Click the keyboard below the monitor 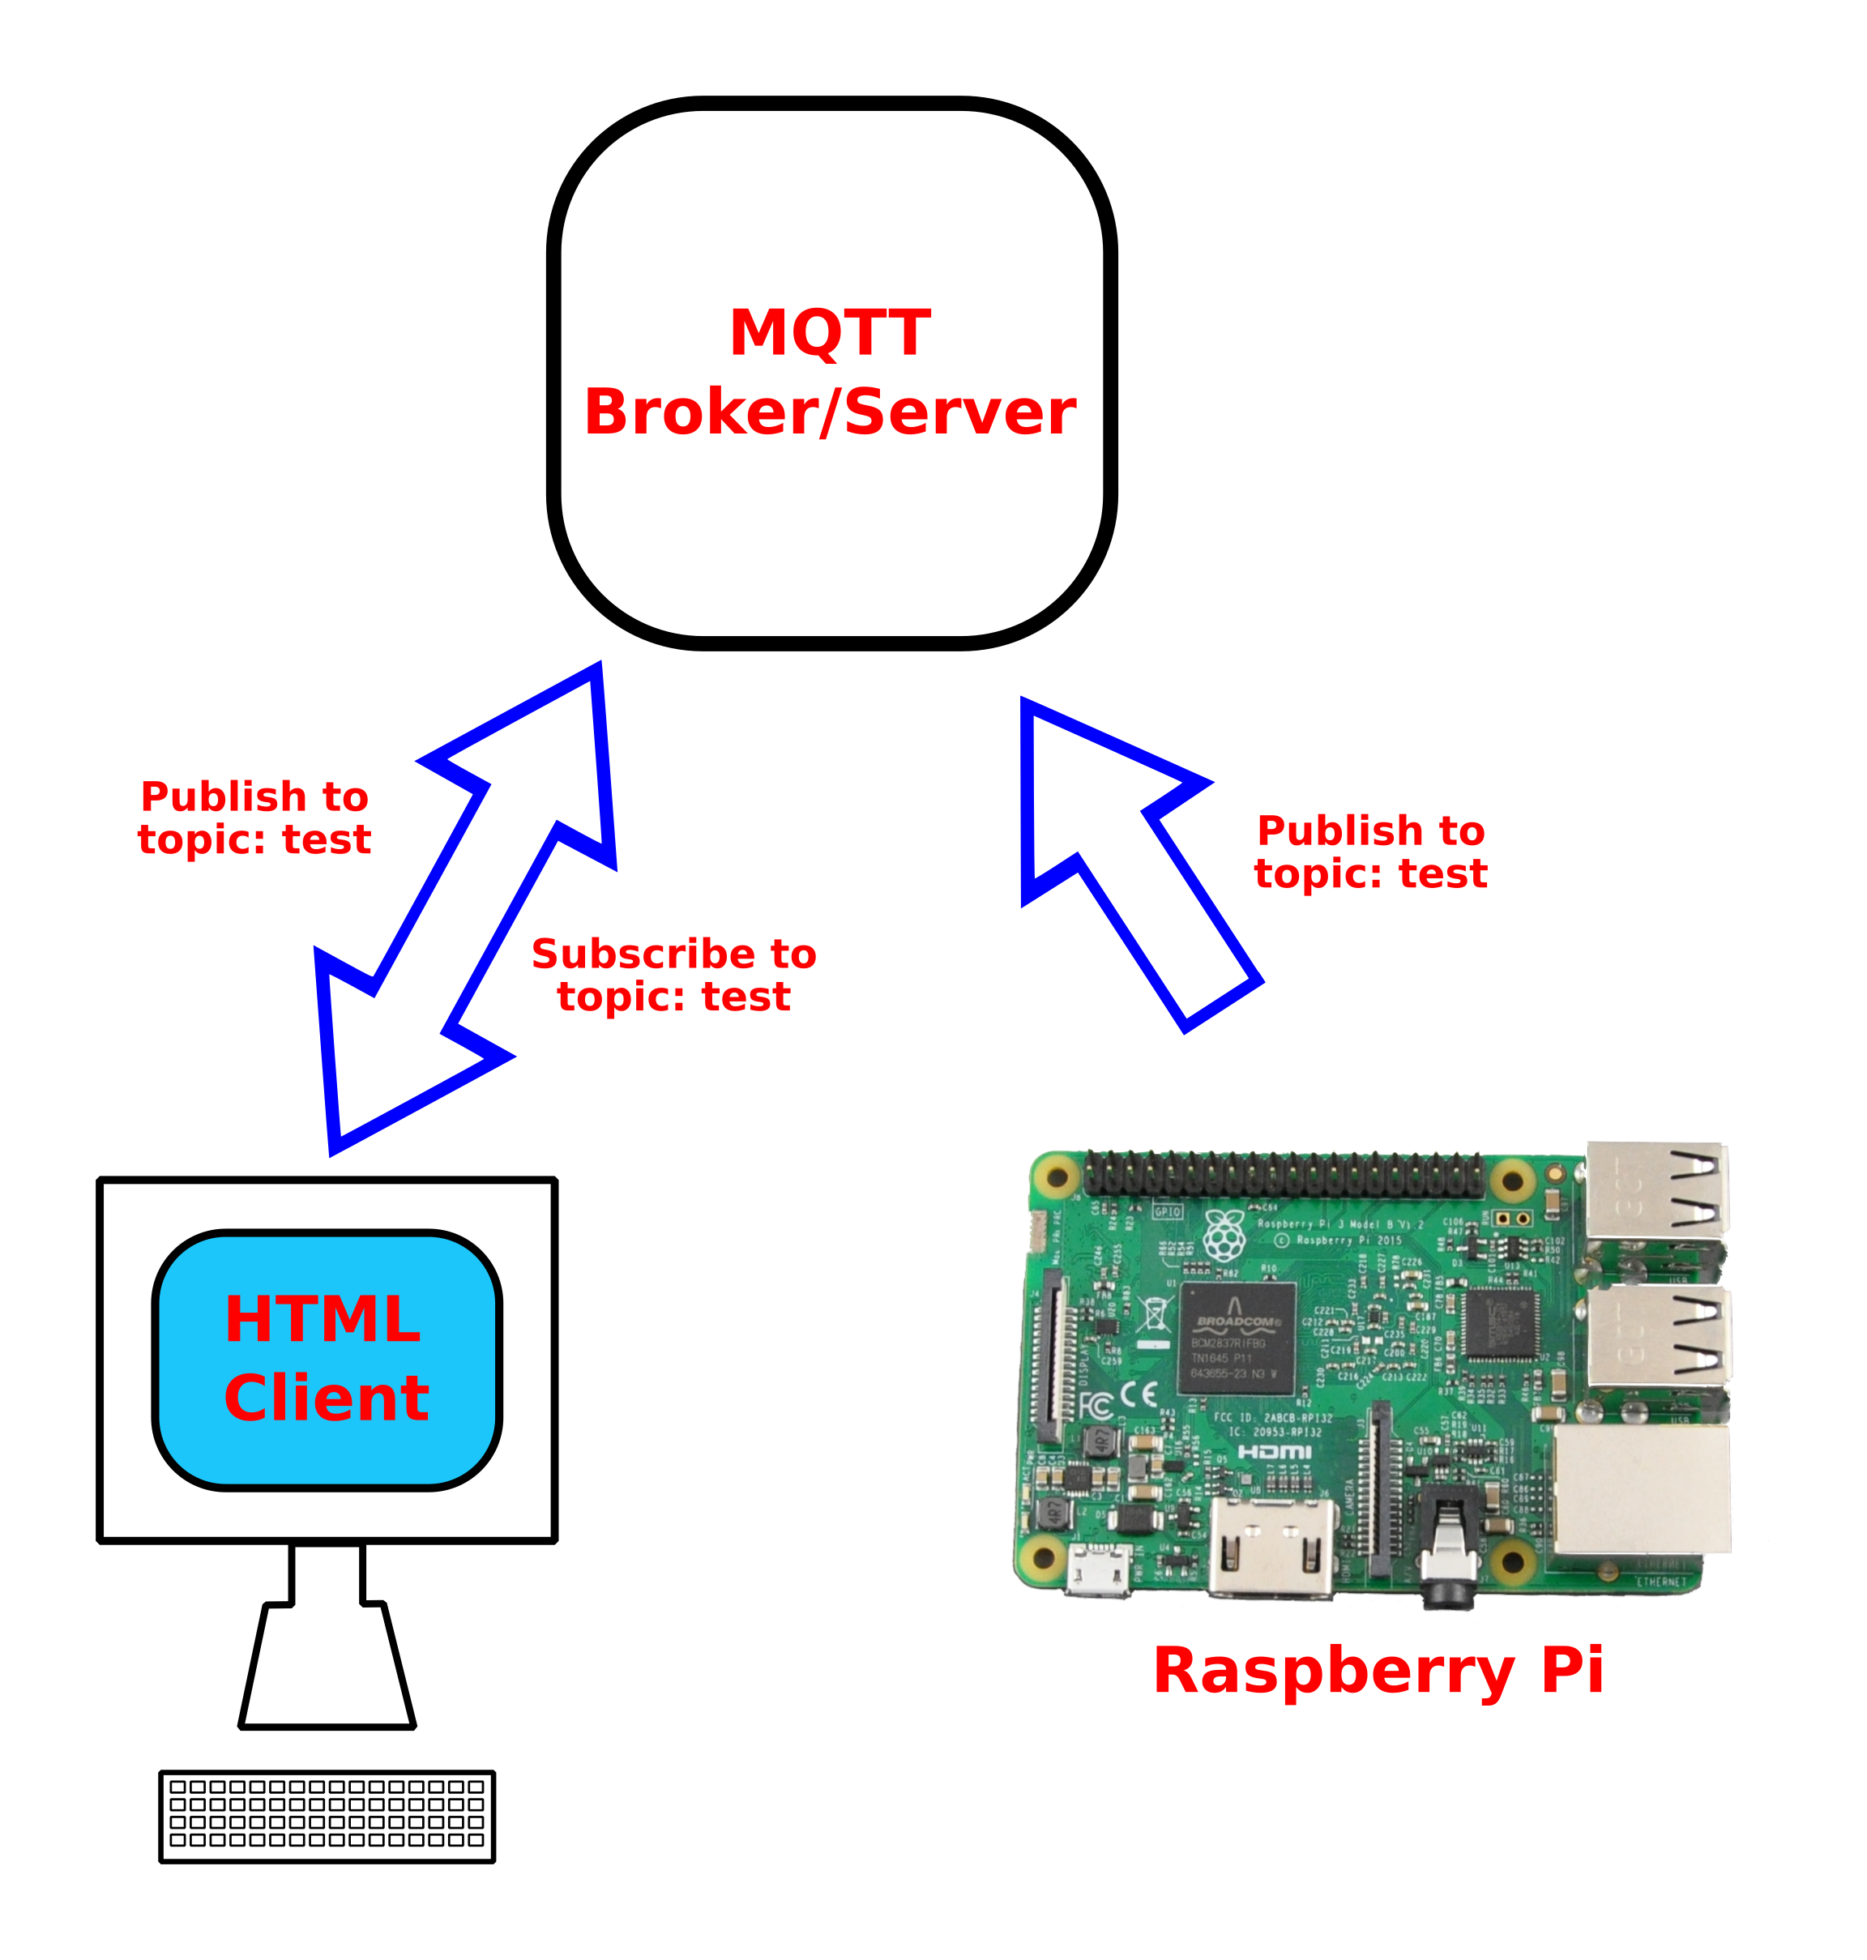[x=327, y=1816]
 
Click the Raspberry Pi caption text [x=1378, y=1671]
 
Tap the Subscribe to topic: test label [x=673, y=975]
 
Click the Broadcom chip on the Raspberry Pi [x=1237, y=1339]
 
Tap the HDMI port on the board [x=1272, y=1547]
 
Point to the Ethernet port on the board [x=1642, y=1489]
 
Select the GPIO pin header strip [x=1284, y=1175]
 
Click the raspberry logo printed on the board [x=1224, y=1236]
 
